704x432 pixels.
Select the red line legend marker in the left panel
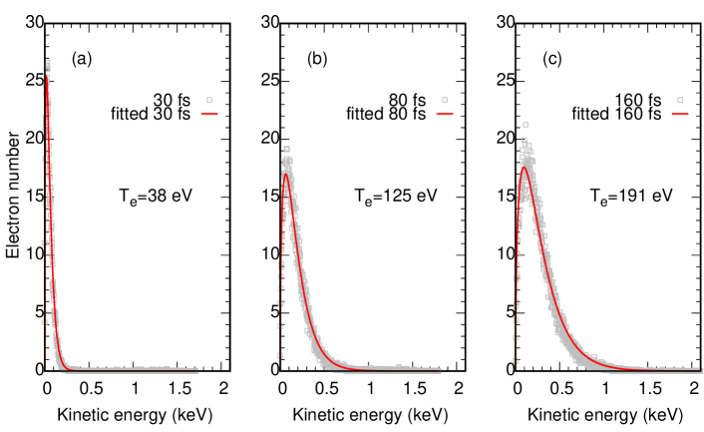click(209, 114)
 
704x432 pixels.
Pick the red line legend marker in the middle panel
click(445, 114)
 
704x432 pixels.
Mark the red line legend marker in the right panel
click(680, 114)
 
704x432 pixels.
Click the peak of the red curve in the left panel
click(46, 78)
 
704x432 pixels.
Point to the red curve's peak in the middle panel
click(286, 175)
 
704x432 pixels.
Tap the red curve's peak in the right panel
click(524, 167)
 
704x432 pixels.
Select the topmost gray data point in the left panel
click(47, 63)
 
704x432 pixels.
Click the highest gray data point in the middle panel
click(286, 149)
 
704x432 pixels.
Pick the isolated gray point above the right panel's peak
click(526, 125)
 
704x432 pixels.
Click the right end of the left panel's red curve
click(198, 370)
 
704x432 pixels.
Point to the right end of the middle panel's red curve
click(441, 370)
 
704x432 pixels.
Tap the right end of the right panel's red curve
click(701, 370)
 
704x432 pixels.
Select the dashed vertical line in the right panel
click(516, 299)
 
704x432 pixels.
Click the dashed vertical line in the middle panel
click(280, 299)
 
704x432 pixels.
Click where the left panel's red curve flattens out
click(68, 369)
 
